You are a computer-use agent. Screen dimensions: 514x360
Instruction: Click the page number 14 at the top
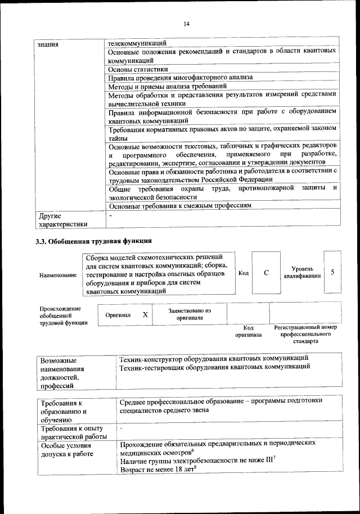pos(186,23)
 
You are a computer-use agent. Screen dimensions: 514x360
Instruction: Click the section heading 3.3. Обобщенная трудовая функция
pos(93,242)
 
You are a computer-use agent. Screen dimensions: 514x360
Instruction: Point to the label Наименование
pos(58,275)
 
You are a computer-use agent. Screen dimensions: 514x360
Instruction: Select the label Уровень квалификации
pos(303,273)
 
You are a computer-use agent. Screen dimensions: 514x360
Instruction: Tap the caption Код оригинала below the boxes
pos(248,331)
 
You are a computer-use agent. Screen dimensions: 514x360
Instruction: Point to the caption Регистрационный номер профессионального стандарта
pos(305,334)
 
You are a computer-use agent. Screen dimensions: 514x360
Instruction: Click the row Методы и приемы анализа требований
pos(167,87)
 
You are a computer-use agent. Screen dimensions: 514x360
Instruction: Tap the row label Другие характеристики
pos(62,219)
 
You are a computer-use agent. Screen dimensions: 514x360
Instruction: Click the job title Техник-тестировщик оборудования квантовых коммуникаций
pos(215,367)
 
